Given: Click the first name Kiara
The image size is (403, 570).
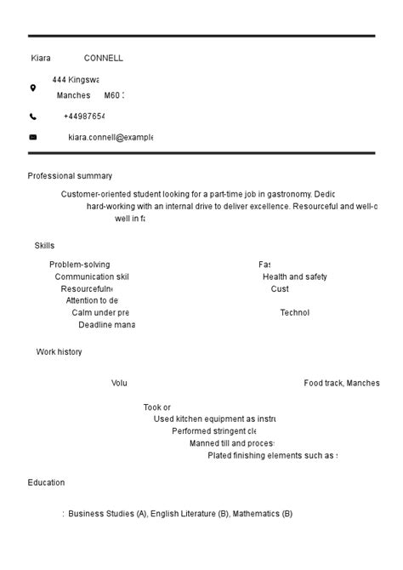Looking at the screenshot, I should click(41, 59).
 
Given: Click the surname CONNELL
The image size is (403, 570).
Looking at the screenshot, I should click(103, 59).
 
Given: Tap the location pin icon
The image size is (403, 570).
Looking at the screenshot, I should click(33, 88).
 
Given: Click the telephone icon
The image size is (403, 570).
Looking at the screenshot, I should click(33, 117).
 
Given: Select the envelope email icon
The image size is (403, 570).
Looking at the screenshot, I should click(33, 137).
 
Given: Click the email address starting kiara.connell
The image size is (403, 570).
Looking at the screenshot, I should click(110, 137).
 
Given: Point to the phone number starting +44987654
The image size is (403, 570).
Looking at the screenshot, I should click(83, 117).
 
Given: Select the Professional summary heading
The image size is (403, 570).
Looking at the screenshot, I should click(70, 176).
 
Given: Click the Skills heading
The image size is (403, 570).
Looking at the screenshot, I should click(44, 246).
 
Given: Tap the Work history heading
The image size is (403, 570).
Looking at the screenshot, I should click(59, 352).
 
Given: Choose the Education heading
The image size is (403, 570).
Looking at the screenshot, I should click(46, 482).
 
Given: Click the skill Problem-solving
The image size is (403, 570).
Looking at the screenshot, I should click(79, 265).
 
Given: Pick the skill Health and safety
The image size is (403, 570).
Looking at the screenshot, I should click(294, 276).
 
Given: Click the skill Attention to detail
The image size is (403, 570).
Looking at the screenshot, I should click(92, 300).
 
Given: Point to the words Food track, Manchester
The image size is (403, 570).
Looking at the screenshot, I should click(341, 384).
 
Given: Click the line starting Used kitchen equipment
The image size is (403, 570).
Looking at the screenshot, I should click(214, 419).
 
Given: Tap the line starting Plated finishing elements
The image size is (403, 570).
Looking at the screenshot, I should click(272, 455).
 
